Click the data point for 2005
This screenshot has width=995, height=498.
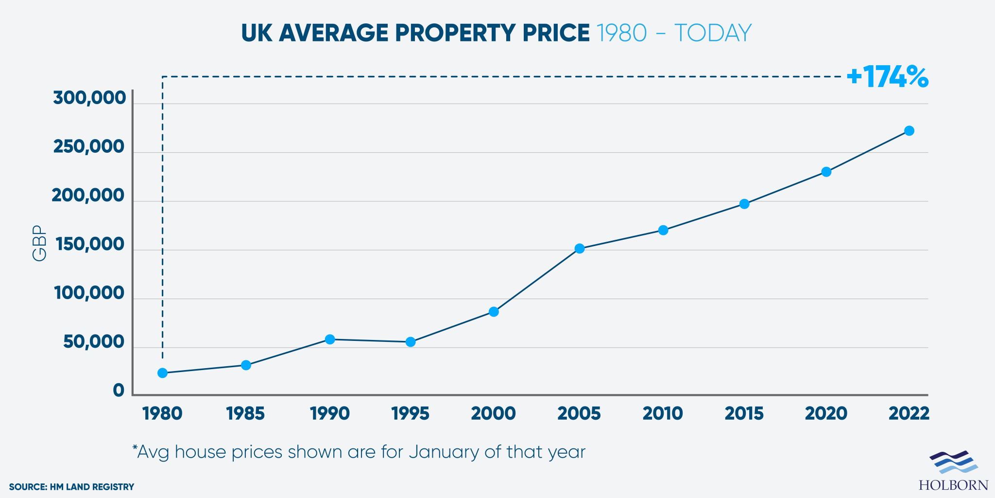(579, 249)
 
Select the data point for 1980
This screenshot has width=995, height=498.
(163, 373)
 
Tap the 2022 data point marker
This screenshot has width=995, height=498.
(909, 131)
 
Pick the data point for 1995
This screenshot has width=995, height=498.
(411, 342)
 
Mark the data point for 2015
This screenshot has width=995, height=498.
(744, 204)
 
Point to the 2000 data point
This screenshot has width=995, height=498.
(494, 312)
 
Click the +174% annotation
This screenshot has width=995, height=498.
(887, 77)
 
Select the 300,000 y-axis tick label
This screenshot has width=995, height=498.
(89, 98)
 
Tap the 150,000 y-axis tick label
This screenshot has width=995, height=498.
(90, 245)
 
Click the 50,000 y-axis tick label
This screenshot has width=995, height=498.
(94, 342)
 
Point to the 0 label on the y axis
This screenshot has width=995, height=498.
(119, 391)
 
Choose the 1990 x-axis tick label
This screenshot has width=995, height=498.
(330, 414)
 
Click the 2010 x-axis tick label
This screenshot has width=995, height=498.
(663, 414)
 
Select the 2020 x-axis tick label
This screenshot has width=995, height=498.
(826, 414)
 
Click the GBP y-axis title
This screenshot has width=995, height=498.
(39, 243)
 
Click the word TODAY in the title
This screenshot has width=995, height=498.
(713, 33)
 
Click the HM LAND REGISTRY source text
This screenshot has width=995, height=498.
(92, 487)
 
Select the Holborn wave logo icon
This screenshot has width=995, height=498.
(953, 462)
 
